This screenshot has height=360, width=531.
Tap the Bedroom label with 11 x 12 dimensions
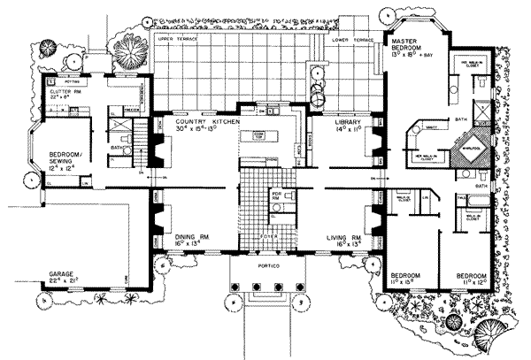tap(472, 276)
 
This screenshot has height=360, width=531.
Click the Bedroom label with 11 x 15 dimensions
tap(408, 276)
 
